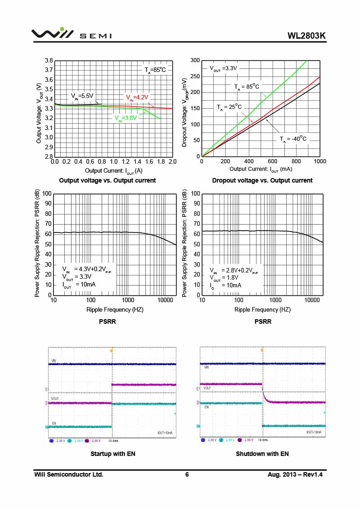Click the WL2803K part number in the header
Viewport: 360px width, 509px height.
(x=306, y=36)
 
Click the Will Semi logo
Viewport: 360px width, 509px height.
(x=71, y=34)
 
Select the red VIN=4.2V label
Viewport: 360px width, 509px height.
(x=136, y=97)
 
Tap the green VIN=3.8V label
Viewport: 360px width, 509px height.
(x=125, y=118)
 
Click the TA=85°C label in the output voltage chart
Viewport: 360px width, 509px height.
(x=155, y=70)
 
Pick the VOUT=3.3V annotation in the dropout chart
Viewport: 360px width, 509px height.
(x=223, y=69)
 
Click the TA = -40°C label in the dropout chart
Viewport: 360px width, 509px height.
(x=293, y=139)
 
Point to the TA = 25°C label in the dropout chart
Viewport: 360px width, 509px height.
(x=229, y=107)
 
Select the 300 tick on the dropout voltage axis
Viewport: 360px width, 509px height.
(x=195, y=61)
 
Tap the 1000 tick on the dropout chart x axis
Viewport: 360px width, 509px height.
(x=319, y=161)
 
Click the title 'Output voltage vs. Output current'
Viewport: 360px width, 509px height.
(x=108, y=180)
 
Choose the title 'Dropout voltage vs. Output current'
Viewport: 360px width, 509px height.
(x=262, y=180)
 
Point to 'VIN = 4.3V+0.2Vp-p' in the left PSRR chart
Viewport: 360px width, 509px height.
(x=86, y=270)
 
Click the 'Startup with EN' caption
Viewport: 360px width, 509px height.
(x=113, y=454)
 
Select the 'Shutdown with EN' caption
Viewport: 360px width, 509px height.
(x=262, y=454)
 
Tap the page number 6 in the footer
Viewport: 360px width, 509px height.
(x=187, y=474)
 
